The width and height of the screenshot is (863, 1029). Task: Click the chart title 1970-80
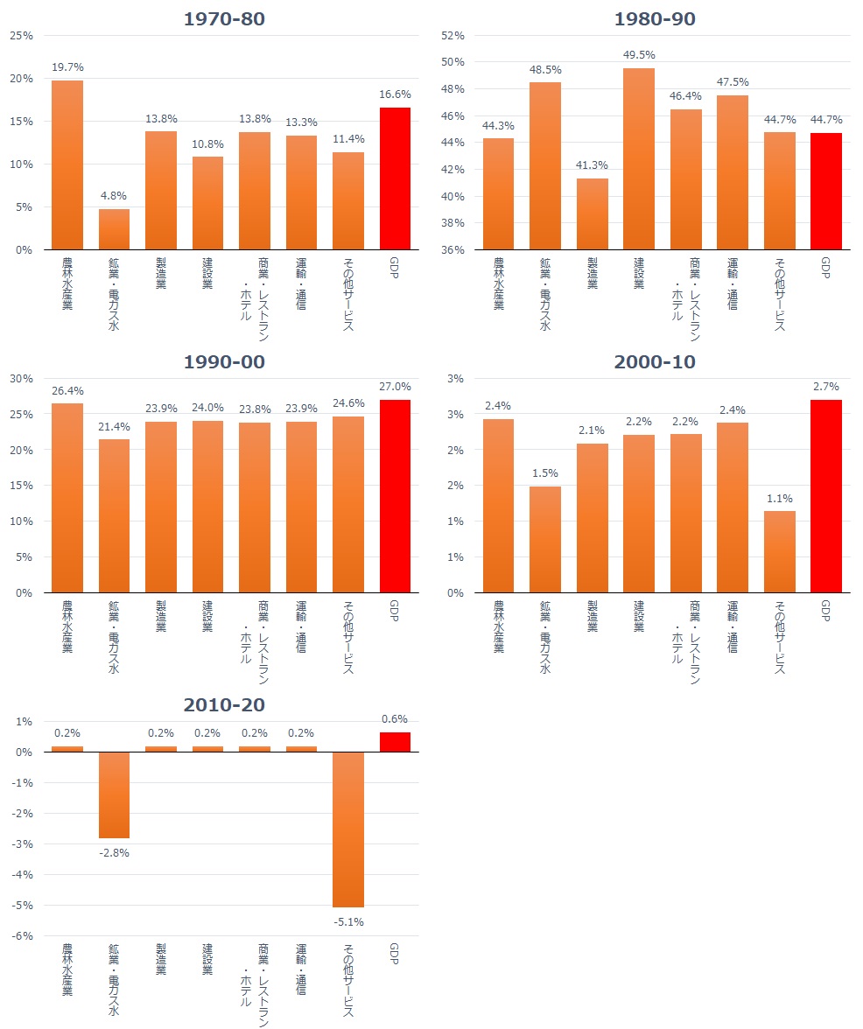pyautogui.click(x=224, y=19)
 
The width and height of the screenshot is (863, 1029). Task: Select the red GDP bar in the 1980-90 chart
pyautogui.click(x=825, y=191)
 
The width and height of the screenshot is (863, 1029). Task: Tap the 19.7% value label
pyautogui.click(x=67, y=66)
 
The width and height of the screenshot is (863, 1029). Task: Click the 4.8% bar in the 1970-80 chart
pyautogui.click(x=114, y=229)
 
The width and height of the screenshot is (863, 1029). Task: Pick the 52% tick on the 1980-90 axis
pyautogui.click(x=453, y=36)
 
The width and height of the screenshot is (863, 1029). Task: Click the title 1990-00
pyautogui.click(x=224, y=362)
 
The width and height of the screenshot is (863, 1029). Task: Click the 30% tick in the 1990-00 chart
pyautogui.click(x=21, y=379)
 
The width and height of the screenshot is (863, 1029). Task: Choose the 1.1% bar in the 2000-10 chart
pyautogui.click(x=779, y=552)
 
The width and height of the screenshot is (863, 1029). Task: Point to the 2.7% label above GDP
pyautogui.click(x=825, y=386)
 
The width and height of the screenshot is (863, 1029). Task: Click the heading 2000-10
pyautogui.click(x=655, y=362)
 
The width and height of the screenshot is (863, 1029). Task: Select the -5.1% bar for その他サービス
pyautogui.click(x=347, y=829)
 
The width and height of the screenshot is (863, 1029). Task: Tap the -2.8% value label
pyautogui.click(x=114, y=852)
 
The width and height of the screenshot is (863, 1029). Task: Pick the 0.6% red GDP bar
pyautogui.click(x=395, y=742)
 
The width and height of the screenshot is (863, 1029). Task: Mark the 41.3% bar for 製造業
pyautogui.click(x=592, y=214)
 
